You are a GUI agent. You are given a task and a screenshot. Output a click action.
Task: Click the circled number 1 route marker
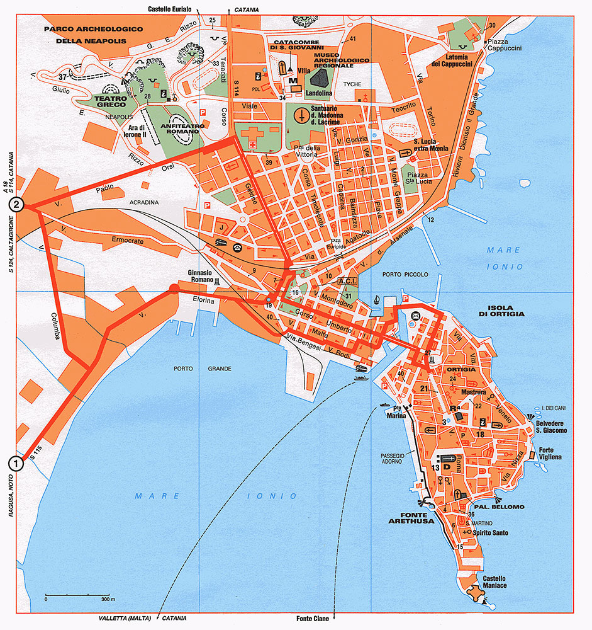(16, 463)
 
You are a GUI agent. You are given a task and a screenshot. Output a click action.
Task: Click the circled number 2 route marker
(16, 205)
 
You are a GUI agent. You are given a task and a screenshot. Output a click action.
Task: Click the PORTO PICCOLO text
(404, 275)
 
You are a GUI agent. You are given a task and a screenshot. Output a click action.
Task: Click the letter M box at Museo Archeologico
(292, 81)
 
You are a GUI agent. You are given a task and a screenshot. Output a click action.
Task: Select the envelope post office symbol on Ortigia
(415, 315)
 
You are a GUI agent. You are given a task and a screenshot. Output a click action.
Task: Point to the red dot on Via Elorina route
(174, 289)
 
